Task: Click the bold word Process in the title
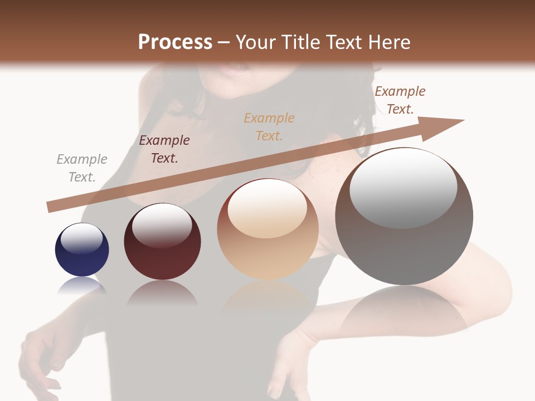[x=175, y=42]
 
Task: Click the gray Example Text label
[x=82, y=168]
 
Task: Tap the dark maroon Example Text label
[x=164, y=149]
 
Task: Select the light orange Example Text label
[x=269, y=126]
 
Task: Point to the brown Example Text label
[x=400, y=100]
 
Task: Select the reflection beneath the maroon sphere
[x=162, y=292]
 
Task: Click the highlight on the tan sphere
[x=267, y=209]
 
